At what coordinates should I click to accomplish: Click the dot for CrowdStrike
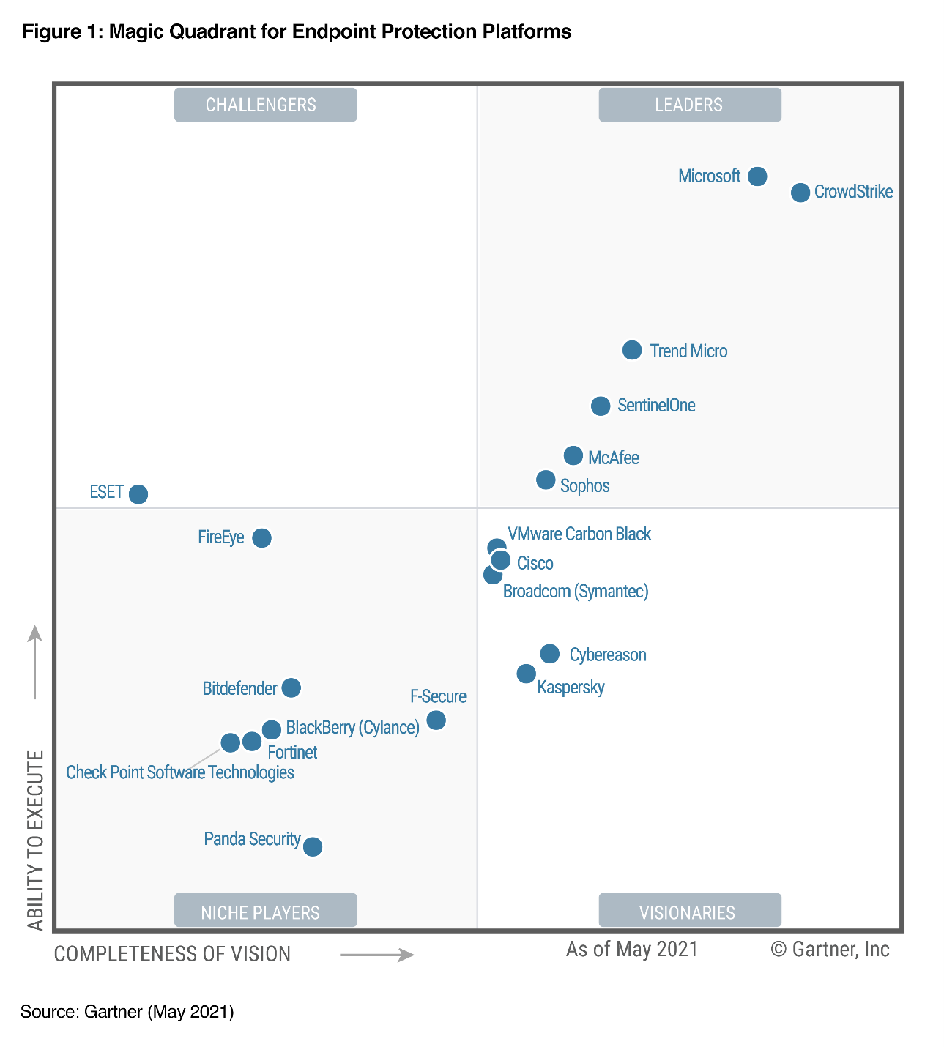tap(800, 193)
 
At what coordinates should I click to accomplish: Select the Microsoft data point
tap(757, 176)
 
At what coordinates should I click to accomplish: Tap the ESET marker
tap(138, 494)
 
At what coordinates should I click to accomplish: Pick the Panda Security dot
tap(313, 846)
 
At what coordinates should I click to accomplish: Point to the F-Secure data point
tap(436, 720)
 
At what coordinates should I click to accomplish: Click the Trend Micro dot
tap(632, 350)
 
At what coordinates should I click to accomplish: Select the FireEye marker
tap(261, 538)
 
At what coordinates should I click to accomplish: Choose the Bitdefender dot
tap(291, 688)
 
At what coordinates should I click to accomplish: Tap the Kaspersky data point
tap(526, 674)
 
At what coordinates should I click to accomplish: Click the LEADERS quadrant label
tap(689, 105)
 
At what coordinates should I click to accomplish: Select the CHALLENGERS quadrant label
tap(265, 105)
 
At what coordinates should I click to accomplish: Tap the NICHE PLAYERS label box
tap(265, 912)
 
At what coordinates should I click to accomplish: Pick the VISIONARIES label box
tap(689, 912)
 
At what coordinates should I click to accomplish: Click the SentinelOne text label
tap(656, 406)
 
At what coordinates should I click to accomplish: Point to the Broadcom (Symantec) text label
tap(576, 592)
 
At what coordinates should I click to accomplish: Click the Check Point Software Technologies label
tap(180, 772)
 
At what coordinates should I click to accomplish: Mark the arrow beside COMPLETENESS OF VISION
tap(376, 955)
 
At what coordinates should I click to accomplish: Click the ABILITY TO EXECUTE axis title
tap(35, 840)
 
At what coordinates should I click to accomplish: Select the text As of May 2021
tap(632, 950)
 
